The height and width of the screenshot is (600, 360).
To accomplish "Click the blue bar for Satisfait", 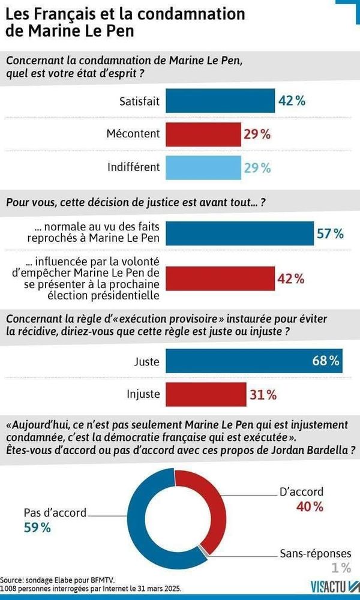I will point(218,101).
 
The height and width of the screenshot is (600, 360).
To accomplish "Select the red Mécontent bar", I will point(201,134).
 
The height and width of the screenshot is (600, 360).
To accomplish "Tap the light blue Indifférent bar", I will point(201,167).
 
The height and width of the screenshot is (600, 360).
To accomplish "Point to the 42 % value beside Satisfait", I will point(292,101).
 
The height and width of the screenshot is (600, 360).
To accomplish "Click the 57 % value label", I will point(330,233).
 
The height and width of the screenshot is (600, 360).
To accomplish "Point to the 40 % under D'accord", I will point(310,507).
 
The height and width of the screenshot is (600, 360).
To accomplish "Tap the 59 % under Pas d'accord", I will point(37,528).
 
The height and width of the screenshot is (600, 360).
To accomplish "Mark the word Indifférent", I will point(134,167).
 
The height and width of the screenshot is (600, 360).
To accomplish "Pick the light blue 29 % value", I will point(258,167).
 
